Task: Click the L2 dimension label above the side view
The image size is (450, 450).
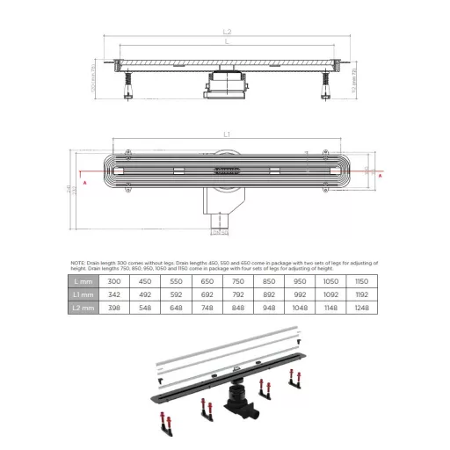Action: click(228, 33)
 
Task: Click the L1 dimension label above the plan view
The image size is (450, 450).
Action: click(226, 134)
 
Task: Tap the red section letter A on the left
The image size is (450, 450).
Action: click(84, 181)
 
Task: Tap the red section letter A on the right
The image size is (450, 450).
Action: click(380, 176)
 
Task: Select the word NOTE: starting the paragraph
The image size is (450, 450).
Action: click(78, 263)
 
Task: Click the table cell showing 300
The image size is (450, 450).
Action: click(114, 280)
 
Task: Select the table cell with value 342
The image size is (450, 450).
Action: click(114, 294)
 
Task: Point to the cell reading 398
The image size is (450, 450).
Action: click(114, 308)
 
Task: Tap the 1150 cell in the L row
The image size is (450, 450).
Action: click(359, 280)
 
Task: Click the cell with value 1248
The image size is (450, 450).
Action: click(359, 308)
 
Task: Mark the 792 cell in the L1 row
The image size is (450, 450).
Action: click(236, 294)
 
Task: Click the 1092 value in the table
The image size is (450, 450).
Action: click(328, 294)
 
